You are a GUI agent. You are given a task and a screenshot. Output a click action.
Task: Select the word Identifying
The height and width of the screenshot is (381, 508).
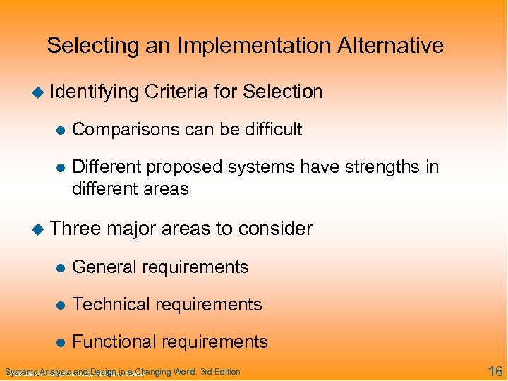pyautogui.click(x=95, y=92)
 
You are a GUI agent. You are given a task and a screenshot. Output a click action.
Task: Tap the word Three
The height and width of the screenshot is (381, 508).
pyautogui.click(x=75, y=229)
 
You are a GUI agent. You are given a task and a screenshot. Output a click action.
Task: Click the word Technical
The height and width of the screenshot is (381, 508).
pyautogui.click(x=109, y=305)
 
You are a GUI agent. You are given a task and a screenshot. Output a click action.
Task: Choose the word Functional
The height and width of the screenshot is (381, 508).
pyautogui.click(x=115, y=342)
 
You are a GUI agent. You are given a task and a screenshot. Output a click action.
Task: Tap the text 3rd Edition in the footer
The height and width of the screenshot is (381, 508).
pyautogui.click(x=220, y=372)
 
